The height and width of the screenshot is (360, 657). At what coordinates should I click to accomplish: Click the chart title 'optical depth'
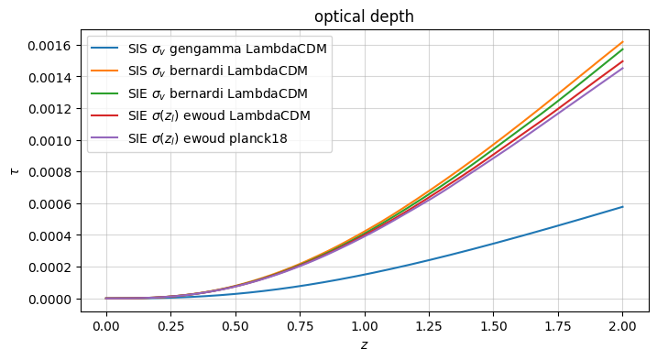click(365, 17)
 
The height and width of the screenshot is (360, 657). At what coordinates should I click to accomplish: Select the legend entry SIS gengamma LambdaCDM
click(228, 49)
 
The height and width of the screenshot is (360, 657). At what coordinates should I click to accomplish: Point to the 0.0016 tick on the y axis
click(49, 45)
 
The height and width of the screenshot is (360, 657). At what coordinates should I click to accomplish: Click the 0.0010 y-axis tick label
click(49, 140)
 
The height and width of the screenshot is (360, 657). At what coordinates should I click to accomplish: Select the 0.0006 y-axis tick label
click(49, 203)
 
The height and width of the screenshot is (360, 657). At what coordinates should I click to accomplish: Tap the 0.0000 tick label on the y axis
click(49, 299)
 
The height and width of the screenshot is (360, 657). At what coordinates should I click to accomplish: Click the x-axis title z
click(365, 345)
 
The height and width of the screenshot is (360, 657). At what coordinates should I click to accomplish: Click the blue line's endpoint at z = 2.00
click(623, 207)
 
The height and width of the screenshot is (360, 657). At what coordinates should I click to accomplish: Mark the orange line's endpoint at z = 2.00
click(623, 42)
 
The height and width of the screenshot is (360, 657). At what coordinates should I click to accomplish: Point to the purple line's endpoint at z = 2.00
click(623, 68)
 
